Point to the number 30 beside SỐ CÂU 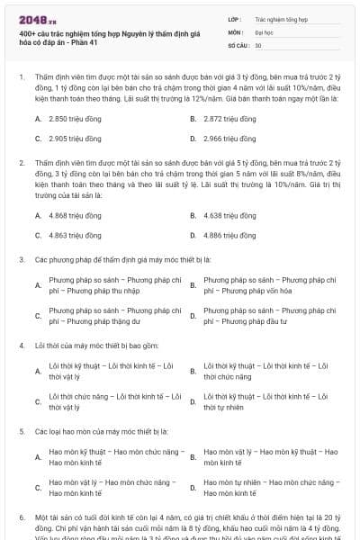[258, 44]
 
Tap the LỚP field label [235, 17]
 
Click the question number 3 [21, 259]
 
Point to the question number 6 [21, 519]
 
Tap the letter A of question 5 [38, 457]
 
